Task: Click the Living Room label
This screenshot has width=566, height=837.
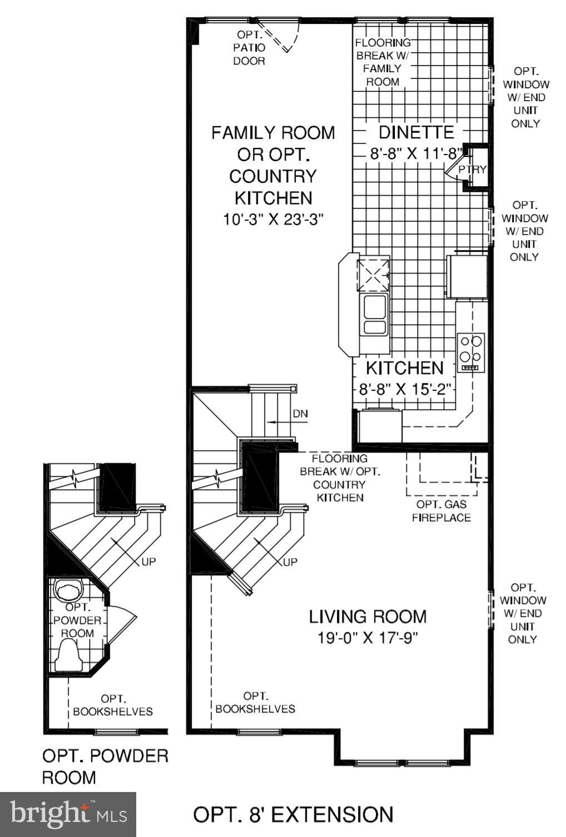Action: tap(368, 616)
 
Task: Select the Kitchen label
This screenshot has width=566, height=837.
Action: tap(404, 368)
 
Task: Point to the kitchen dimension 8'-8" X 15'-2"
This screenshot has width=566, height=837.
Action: tap(404, 388)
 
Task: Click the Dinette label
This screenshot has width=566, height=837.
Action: tap(416, 132)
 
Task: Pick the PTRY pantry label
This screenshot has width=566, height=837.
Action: tap(472, 170)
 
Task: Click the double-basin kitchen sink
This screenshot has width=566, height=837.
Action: tap(374, 315)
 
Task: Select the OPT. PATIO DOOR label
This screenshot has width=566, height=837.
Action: tap(249, 48)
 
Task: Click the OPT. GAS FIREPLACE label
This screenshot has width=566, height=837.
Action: tap(441, 511)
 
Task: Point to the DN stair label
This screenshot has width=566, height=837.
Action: tap(300, 414)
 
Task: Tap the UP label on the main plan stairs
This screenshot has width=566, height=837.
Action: tap(290, 562)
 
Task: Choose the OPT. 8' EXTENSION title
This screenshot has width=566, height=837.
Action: tap(293, 815)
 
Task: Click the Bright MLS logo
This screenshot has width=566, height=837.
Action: tap(68, 814)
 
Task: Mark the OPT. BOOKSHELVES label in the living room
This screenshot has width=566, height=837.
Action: tap(255, 703)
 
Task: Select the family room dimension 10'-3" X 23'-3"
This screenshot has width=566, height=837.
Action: tap(273, 220)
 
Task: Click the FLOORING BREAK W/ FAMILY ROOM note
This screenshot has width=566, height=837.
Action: tap(383, 62)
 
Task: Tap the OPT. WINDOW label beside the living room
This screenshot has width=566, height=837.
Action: tap(523, 613)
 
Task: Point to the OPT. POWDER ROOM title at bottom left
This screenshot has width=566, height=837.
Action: tap(105, 766)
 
